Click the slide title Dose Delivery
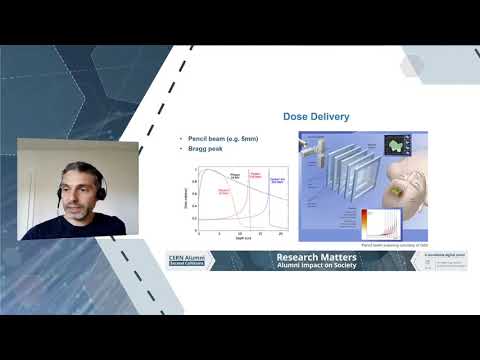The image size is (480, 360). [x=316, y=117]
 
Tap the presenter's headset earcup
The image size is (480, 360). [x=99, y=182]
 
